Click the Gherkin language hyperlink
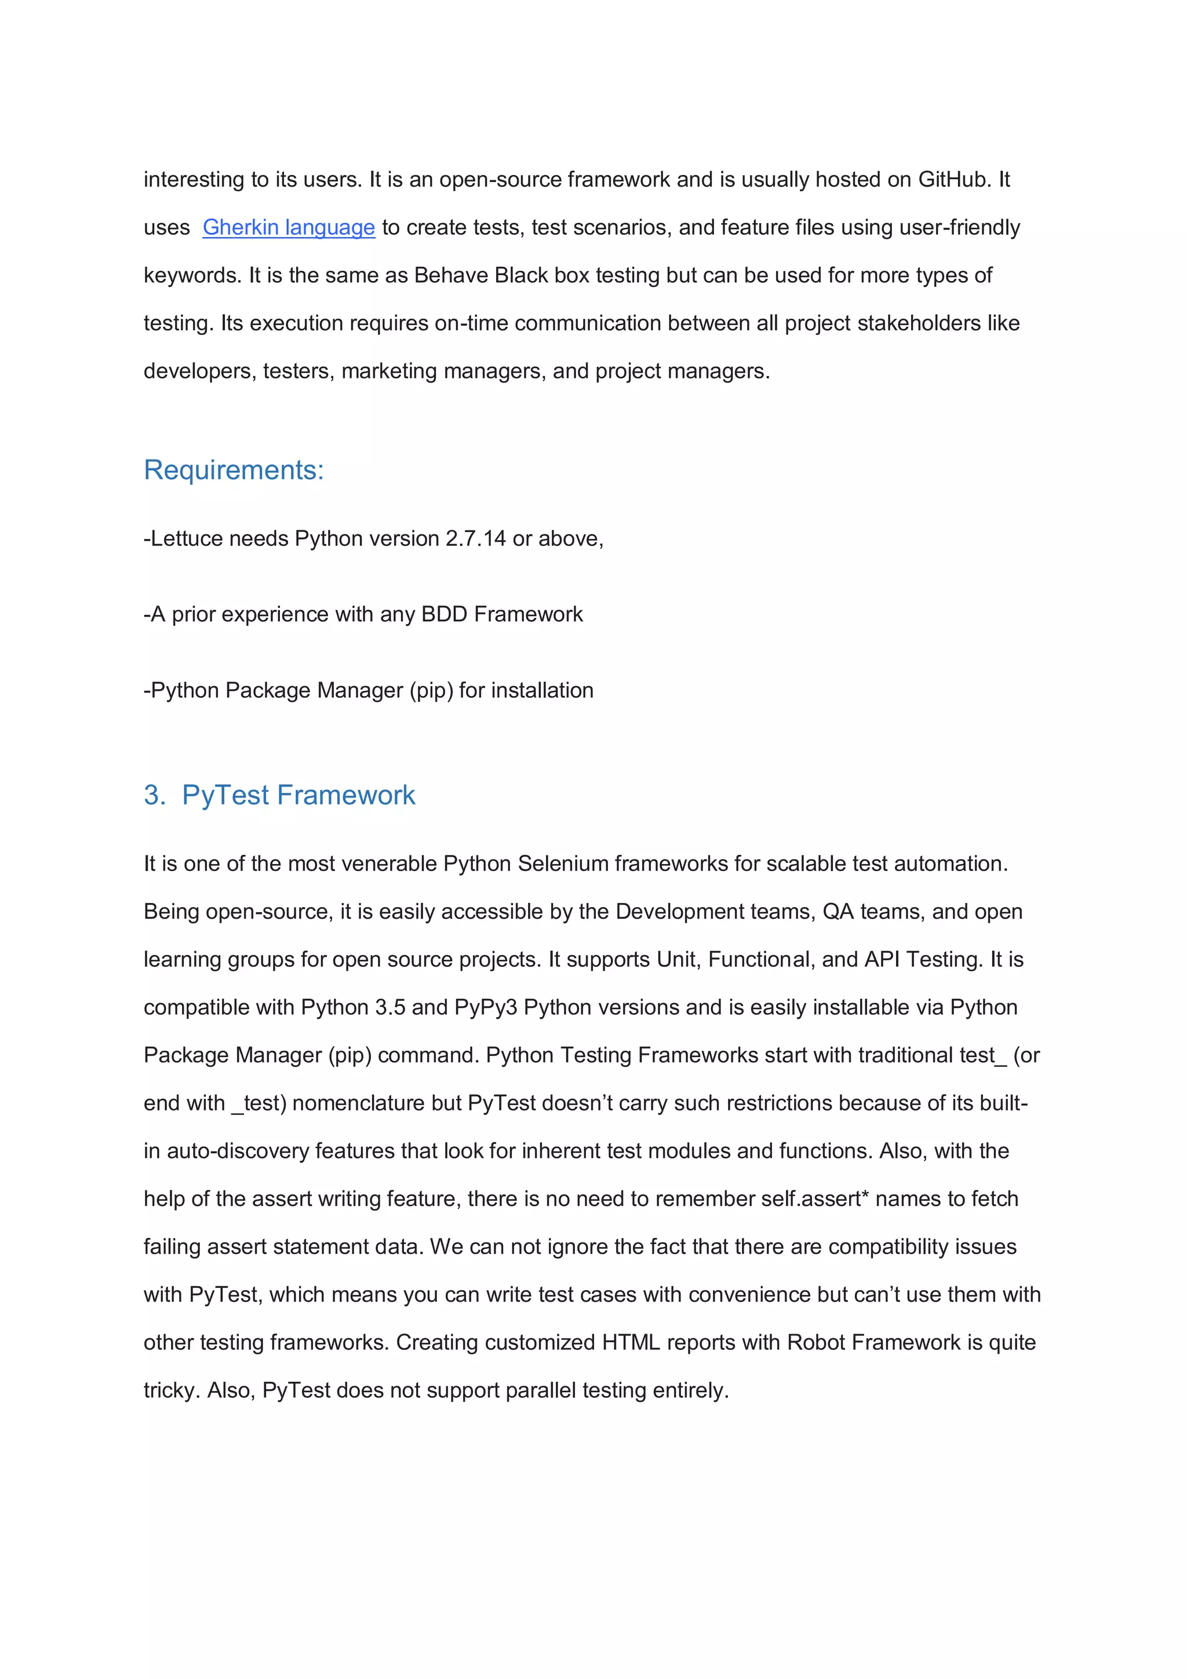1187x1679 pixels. point(288,227)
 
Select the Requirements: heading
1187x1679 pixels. point(234,469)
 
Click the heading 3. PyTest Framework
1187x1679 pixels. point(279,795)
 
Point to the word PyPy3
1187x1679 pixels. point(486,1008)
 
